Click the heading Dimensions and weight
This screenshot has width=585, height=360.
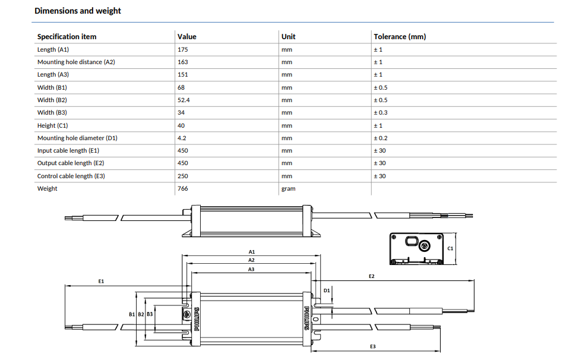78,11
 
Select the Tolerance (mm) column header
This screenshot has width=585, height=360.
400,37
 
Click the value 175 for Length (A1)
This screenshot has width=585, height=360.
183,50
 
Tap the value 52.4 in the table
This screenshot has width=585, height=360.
184,100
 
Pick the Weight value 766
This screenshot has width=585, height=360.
183,188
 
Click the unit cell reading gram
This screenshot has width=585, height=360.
289,189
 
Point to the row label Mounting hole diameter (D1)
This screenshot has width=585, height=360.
77,138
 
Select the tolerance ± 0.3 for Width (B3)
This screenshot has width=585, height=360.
381,113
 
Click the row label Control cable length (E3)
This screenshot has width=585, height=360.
71,176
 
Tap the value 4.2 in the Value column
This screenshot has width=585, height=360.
182,138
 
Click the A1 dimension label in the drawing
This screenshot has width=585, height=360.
252,252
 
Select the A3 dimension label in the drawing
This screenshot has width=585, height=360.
251,269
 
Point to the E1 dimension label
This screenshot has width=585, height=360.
101,281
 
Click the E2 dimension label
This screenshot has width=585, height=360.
372,276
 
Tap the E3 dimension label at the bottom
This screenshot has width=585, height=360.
373,346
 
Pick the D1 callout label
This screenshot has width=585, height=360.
327,290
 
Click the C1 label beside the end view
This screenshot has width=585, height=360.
450,248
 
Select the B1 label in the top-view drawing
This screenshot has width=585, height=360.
132,314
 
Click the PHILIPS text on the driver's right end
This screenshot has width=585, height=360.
306,318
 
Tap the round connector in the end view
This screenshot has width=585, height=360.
424,246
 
